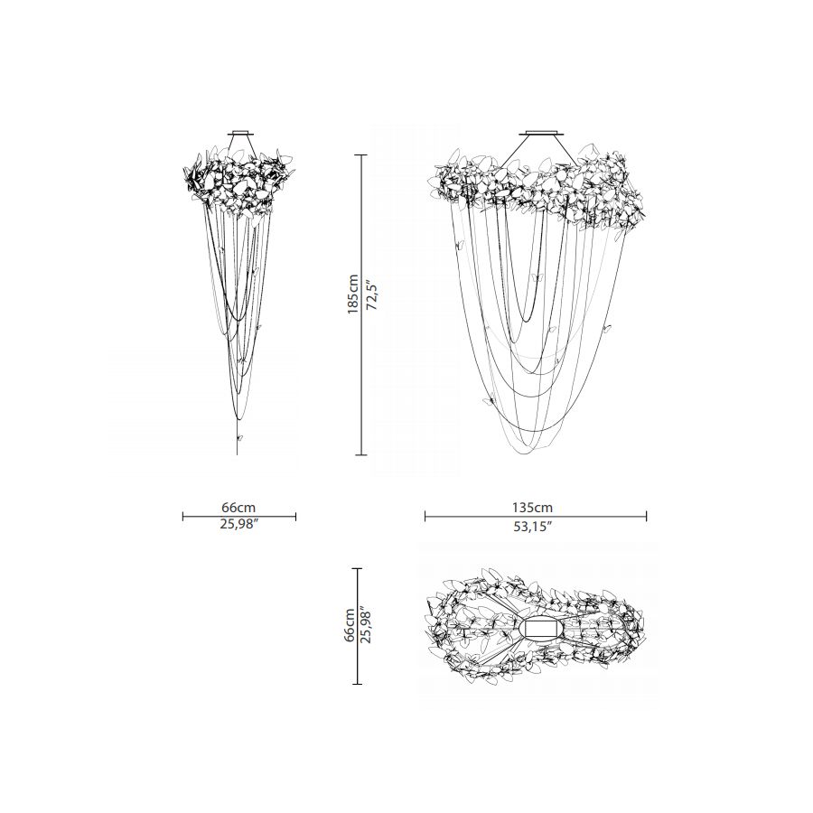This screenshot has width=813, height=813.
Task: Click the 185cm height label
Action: pos(352,294)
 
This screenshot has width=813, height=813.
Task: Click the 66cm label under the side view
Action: pos(239,507)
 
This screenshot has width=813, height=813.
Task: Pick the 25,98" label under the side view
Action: pos(239,524)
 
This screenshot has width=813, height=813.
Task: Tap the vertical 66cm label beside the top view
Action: pos(350,625)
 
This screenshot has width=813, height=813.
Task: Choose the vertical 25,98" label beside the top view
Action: pos(366,625)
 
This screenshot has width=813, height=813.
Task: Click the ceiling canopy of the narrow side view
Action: pos(241,133)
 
